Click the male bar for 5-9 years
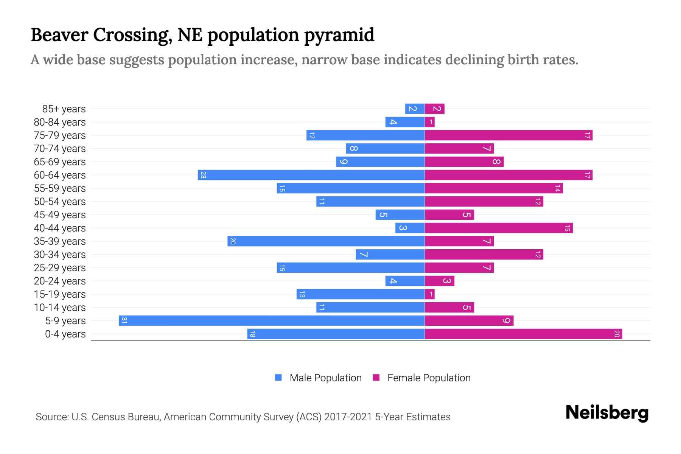[272, 321]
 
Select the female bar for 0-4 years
[523, 334]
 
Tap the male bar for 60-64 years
[311, 175]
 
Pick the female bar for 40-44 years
[499, 228]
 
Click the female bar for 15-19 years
[430, 294]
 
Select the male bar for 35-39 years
[326, 241]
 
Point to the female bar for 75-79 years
[508, 135]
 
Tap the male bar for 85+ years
[415, 109]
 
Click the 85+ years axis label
[64, 109]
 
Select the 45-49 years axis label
[60, 215]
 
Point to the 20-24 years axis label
[60, 281]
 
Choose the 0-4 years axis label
[65, 334]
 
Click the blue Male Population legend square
[278, 378]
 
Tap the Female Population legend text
[429, 378]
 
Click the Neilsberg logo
[607, 413]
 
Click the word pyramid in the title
[339, 35]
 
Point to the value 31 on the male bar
[124, 321]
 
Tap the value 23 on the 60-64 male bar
[203, 175]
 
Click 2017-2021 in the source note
[348, 417]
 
